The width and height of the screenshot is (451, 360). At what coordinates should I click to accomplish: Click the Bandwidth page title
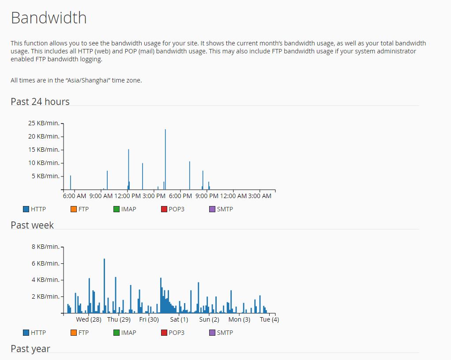pyautogui.click(x=49, y=18)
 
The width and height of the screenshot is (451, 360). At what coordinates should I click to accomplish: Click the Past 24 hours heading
pyautogui.click(x=40, y=101)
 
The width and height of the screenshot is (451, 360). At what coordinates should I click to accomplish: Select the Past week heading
pyautogui.click(x=32, y=225)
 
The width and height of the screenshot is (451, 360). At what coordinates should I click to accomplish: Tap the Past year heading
pyautogui.click(x=30, y=349)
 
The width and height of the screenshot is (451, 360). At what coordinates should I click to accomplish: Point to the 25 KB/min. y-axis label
pyautogui.click(x=44, y=123)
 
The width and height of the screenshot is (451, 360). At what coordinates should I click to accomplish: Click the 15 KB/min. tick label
pyautogui.click(x=44, y=150)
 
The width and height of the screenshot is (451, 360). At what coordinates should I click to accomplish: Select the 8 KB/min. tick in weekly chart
pyautogui.click(x=45, y=247)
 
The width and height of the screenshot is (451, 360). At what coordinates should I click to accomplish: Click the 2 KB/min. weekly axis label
pyautogui.click(x=45, y=296)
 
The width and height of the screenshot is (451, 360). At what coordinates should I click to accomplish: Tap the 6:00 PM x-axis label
pyautogui.click(x=180, y=196)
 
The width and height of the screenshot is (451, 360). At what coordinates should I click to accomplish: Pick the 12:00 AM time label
pyautogui.click(x=233, y=196)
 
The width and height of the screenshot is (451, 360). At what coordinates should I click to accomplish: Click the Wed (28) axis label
pyautogui.click(x=89, y=319)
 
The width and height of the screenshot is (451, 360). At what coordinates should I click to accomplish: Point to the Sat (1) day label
pyautogui.click(x=179, y=319)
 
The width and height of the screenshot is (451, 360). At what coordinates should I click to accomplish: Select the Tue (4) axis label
pyautogui.click(x=269, y=319)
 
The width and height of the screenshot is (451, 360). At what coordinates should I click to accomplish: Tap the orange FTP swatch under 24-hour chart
pyautogui.click(x=74, y=209)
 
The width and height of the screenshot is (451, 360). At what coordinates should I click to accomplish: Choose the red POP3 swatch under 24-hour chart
pyautogui.click(x=164, y=209)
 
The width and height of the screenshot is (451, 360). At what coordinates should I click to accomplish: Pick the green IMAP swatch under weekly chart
pyautogui.click(x=117, y=333)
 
